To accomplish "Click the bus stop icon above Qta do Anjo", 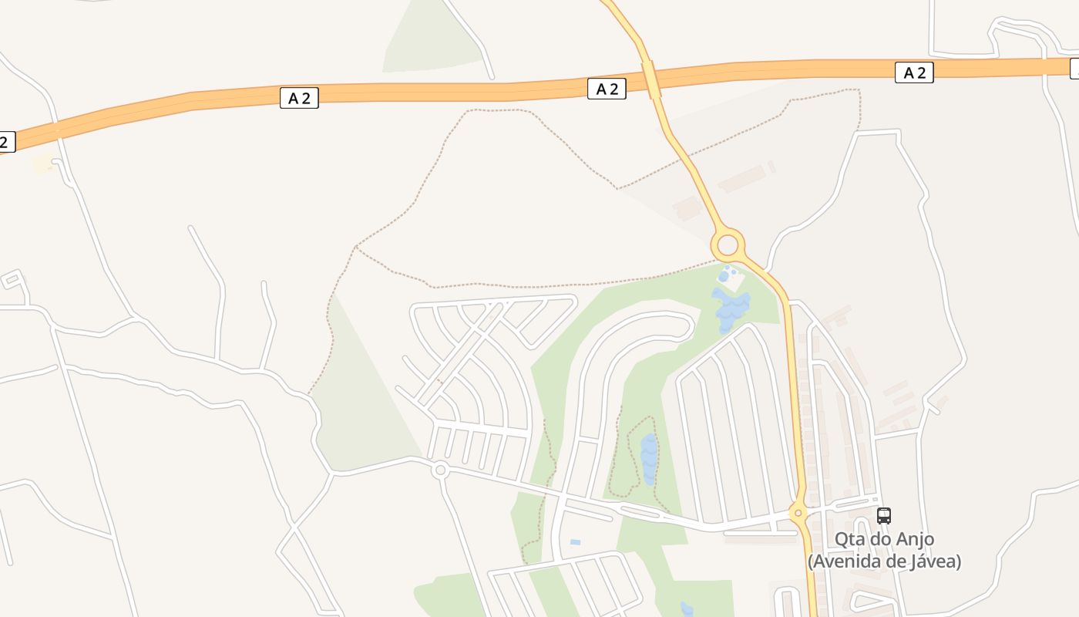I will coord(884,516).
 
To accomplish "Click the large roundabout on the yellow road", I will coord(728,247).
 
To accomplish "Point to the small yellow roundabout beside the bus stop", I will coord(798,512).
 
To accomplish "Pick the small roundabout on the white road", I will coord(440,469).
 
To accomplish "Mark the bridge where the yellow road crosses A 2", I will coord(652,79).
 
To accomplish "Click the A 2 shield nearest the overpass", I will coord(607,89).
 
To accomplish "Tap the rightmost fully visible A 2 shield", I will coord(914,73).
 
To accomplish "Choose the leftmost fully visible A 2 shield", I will coord(299,98).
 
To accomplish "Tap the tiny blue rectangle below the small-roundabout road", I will coord(575,542).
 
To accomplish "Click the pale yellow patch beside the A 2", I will coord(42,164).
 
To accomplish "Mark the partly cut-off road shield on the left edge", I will coord(6,142).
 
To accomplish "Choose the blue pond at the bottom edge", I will coord(687,609).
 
